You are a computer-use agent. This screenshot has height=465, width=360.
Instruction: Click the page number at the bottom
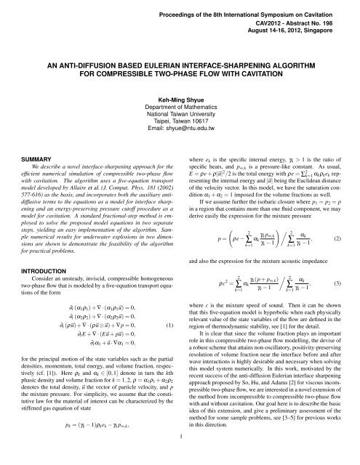click(180, 456)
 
